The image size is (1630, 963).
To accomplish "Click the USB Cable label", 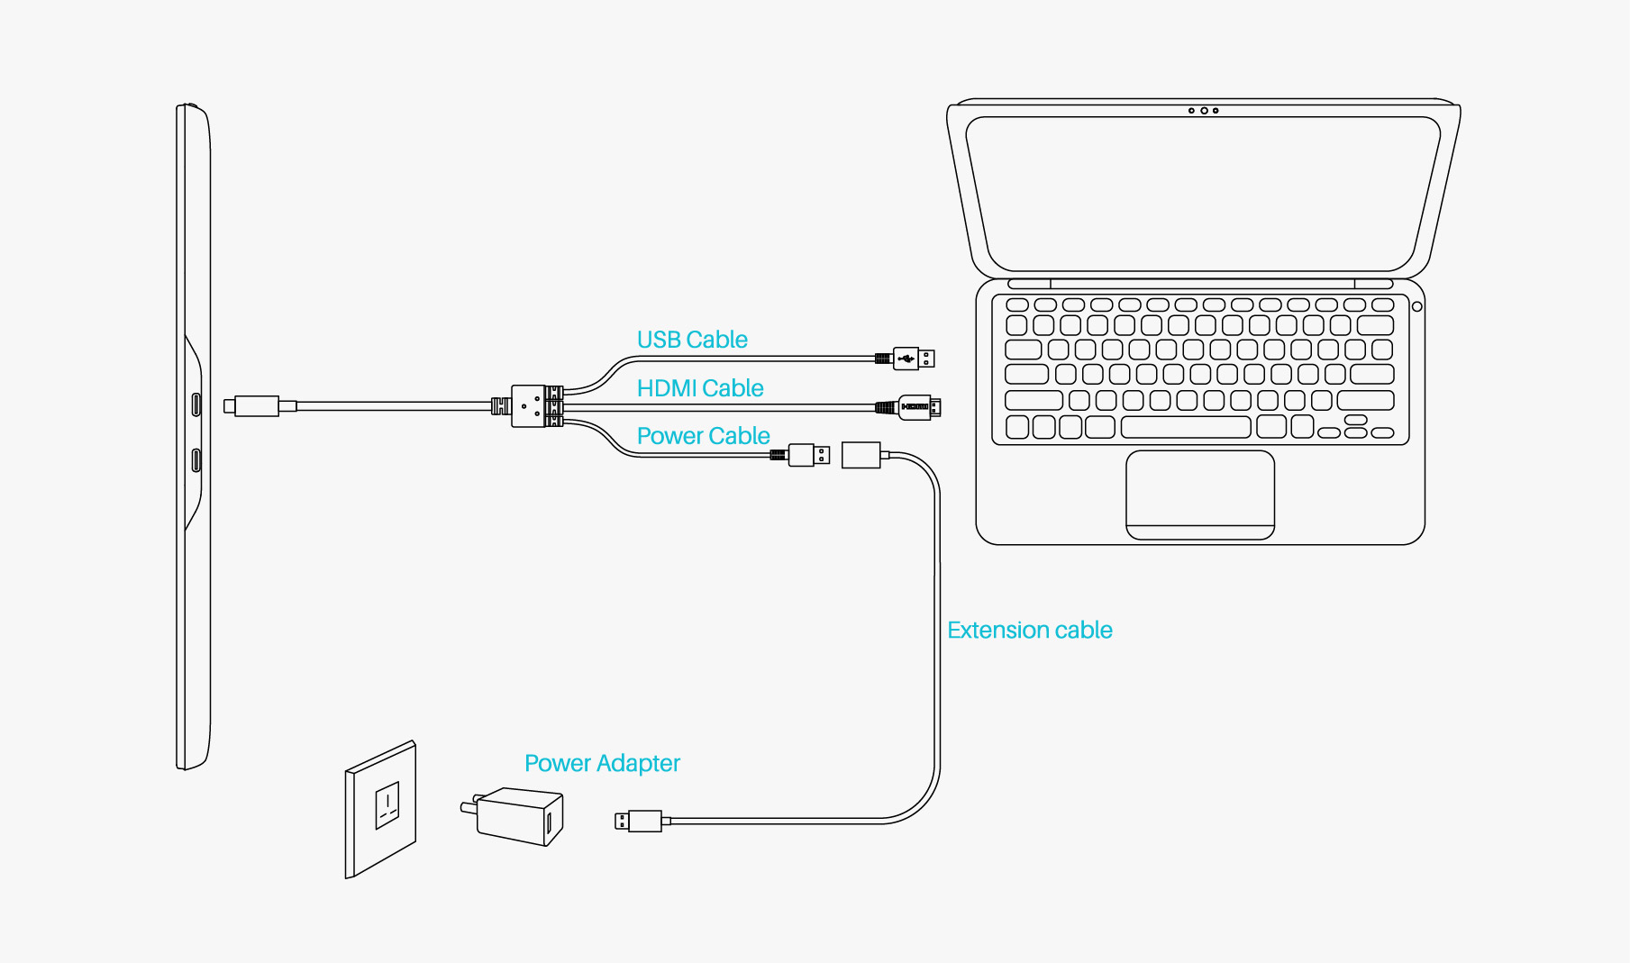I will coord(692,340).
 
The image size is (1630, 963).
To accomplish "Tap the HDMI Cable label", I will coord(700,388).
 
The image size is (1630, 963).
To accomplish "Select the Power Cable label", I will coord(703,436).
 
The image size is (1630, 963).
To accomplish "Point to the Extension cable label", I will coord(1029,630).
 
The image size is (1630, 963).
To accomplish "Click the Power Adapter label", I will coord(602,763).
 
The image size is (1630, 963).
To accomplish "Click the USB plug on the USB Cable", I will coord(914,359).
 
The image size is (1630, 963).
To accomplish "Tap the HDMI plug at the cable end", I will coord(919,407).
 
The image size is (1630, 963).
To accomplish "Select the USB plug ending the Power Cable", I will coord(808,455).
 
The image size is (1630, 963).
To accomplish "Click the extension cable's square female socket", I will coord(861,455).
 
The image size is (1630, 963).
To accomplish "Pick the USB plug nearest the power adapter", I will coord(639,821).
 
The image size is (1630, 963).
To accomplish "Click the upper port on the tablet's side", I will coord(196,404).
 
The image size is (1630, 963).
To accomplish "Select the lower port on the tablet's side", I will coord(196,460).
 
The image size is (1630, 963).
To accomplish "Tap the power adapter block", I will coord(518,815).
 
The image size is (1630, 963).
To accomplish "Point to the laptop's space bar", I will coord(1186,427).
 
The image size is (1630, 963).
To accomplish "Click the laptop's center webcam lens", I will coord(1204,111).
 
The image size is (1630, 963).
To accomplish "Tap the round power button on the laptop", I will coord(1417,307).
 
